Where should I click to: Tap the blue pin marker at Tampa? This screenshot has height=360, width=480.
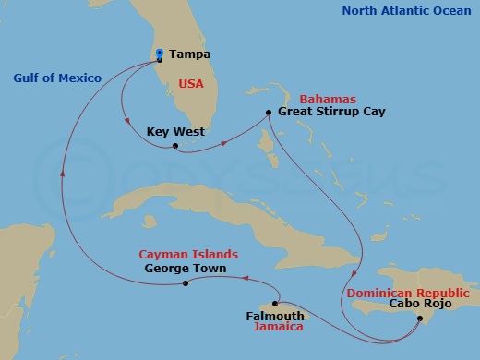160,54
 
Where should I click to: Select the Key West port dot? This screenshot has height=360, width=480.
175,144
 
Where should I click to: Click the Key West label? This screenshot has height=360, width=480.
175,132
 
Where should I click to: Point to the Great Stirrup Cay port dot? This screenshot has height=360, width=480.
268,113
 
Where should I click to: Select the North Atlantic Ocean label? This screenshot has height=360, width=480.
407,11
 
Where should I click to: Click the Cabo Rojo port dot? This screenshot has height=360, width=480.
421,318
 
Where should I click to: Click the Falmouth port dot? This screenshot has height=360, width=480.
276,303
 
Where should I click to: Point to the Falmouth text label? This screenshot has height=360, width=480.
275,316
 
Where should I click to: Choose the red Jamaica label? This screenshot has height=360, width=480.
281,327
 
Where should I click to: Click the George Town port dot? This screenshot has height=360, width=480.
186,282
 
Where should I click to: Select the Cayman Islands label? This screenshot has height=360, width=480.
188,254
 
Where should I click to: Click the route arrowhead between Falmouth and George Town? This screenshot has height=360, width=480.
248,273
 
